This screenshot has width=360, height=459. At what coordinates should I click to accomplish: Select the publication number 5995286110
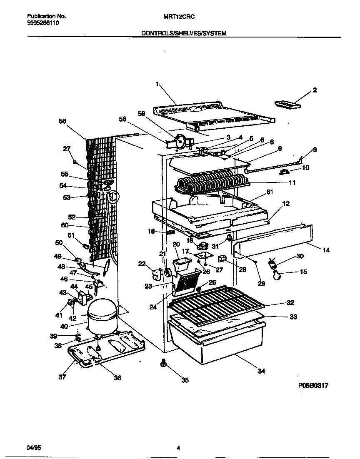pos(43,23)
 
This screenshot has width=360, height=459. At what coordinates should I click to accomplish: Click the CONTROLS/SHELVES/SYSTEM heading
pos(184,33)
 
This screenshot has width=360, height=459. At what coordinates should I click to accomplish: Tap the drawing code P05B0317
pos(313,386)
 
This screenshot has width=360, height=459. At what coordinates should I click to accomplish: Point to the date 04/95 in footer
pos(34,448)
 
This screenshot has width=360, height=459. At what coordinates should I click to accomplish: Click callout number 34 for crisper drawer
pos(260,371)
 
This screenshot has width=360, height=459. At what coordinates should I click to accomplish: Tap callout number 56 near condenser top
pos(62,121)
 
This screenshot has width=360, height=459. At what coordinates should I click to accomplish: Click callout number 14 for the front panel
pos(326,250)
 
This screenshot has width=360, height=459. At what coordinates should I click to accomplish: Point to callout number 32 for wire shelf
pos(290,303)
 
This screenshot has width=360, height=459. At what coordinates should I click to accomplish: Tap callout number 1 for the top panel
pos(157,84)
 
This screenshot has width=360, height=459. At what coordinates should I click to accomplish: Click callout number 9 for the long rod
pos(315,150)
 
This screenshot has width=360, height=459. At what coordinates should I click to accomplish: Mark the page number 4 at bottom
pos(178,448)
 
